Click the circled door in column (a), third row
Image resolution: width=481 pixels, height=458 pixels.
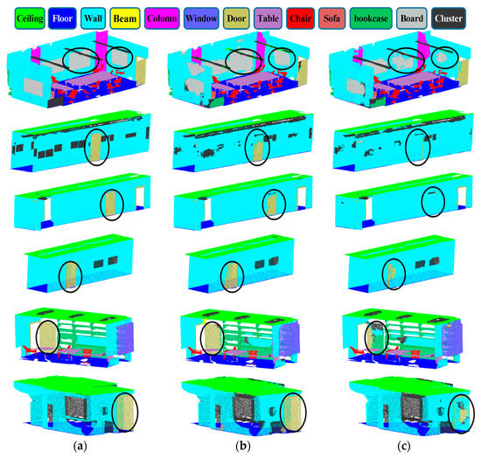(x=110, y=207)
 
